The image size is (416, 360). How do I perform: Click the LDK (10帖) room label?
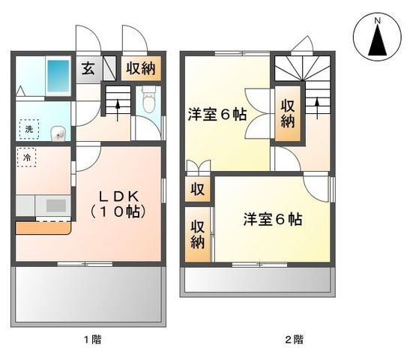click(x=118, y=204)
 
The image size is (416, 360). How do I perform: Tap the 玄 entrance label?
click(x=88, y=68)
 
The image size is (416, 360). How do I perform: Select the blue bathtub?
click(x=58, y=76)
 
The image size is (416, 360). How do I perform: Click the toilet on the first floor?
click(x=148, y=100)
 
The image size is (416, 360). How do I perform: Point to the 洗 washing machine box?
click(x=29, y=129)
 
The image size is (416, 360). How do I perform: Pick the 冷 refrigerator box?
click(x=26, y=157)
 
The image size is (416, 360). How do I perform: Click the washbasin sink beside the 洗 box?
click(x=58, y=133)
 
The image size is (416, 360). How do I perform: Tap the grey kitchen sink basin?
click(x=56, y=205)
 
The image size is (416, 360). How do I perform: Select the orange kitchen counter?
click(x=43, y=228)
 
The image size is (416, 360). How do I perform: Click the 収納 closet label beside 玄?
click(x=141, y=68)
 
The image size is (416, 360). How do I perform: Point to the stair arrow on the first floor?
click(x=118, y=110)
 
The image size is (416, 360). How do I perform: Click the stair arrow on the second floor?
click(x=317, y=108)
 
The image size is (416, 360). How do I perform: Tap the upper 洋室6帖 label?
click(x=217, y=115)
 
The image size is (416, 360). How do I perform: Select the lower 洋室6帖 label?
click(x=273, y=220)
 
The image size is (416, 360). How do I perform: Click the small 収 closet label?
click(x=198, y=190)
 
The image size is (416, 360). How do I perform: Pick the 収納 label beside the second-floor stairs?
click(x=288, y=113)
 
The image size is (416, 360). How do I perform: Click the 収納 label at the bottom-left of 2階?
click(x=198, y=235)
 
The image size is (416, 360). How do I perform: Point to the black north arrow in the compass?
click(x=378, y=40)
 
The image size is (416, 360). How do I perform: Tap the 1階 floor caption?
click(x=93, y=340)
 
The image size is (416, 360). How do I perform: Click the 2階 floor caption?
click(x=295, y=340)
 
